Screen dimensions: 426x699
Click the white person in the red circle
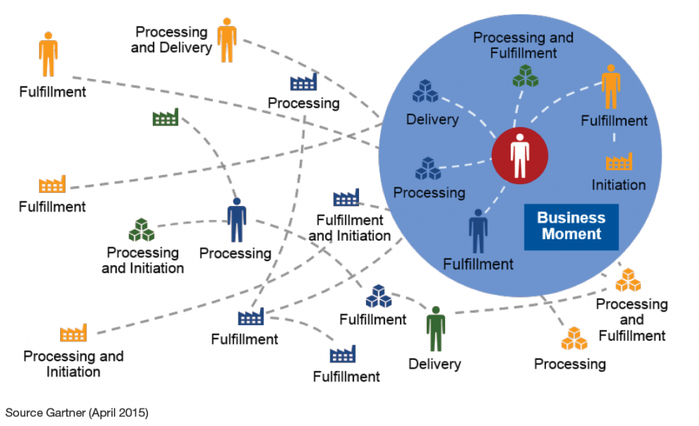[519, 156]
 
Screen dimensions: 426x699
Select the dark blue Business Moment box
[571, 226]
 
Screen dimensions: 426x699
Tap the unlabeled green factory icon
[165, 117]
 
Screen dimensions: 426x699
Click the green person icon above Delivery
[435, 329]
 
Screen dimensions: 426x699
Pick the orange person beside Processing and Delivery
[227, 40]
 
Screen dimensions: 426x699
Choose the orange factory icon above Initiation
[618, 162]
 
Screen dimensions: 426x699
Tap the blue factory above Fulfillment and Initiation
[346, 198]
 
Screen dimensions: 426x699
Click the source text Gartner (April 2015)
[76, 412]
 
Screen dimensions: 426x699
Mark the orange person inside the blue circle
[611, 87]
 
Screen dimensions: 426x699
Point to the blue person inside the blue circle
[478, 231]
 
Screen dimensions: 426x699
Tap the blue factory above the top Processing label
[303, 82]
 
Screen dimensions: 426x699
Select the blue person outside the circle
[236, 220]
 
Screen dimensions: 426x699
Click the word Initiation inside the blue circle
[618, 185]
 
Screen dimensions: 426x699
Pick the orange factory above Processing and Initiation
[73, 333]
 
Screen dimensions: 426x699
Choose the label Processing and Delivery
[172, 40]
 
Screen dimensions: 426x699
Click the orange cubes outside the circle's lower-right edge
[628, 280]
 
